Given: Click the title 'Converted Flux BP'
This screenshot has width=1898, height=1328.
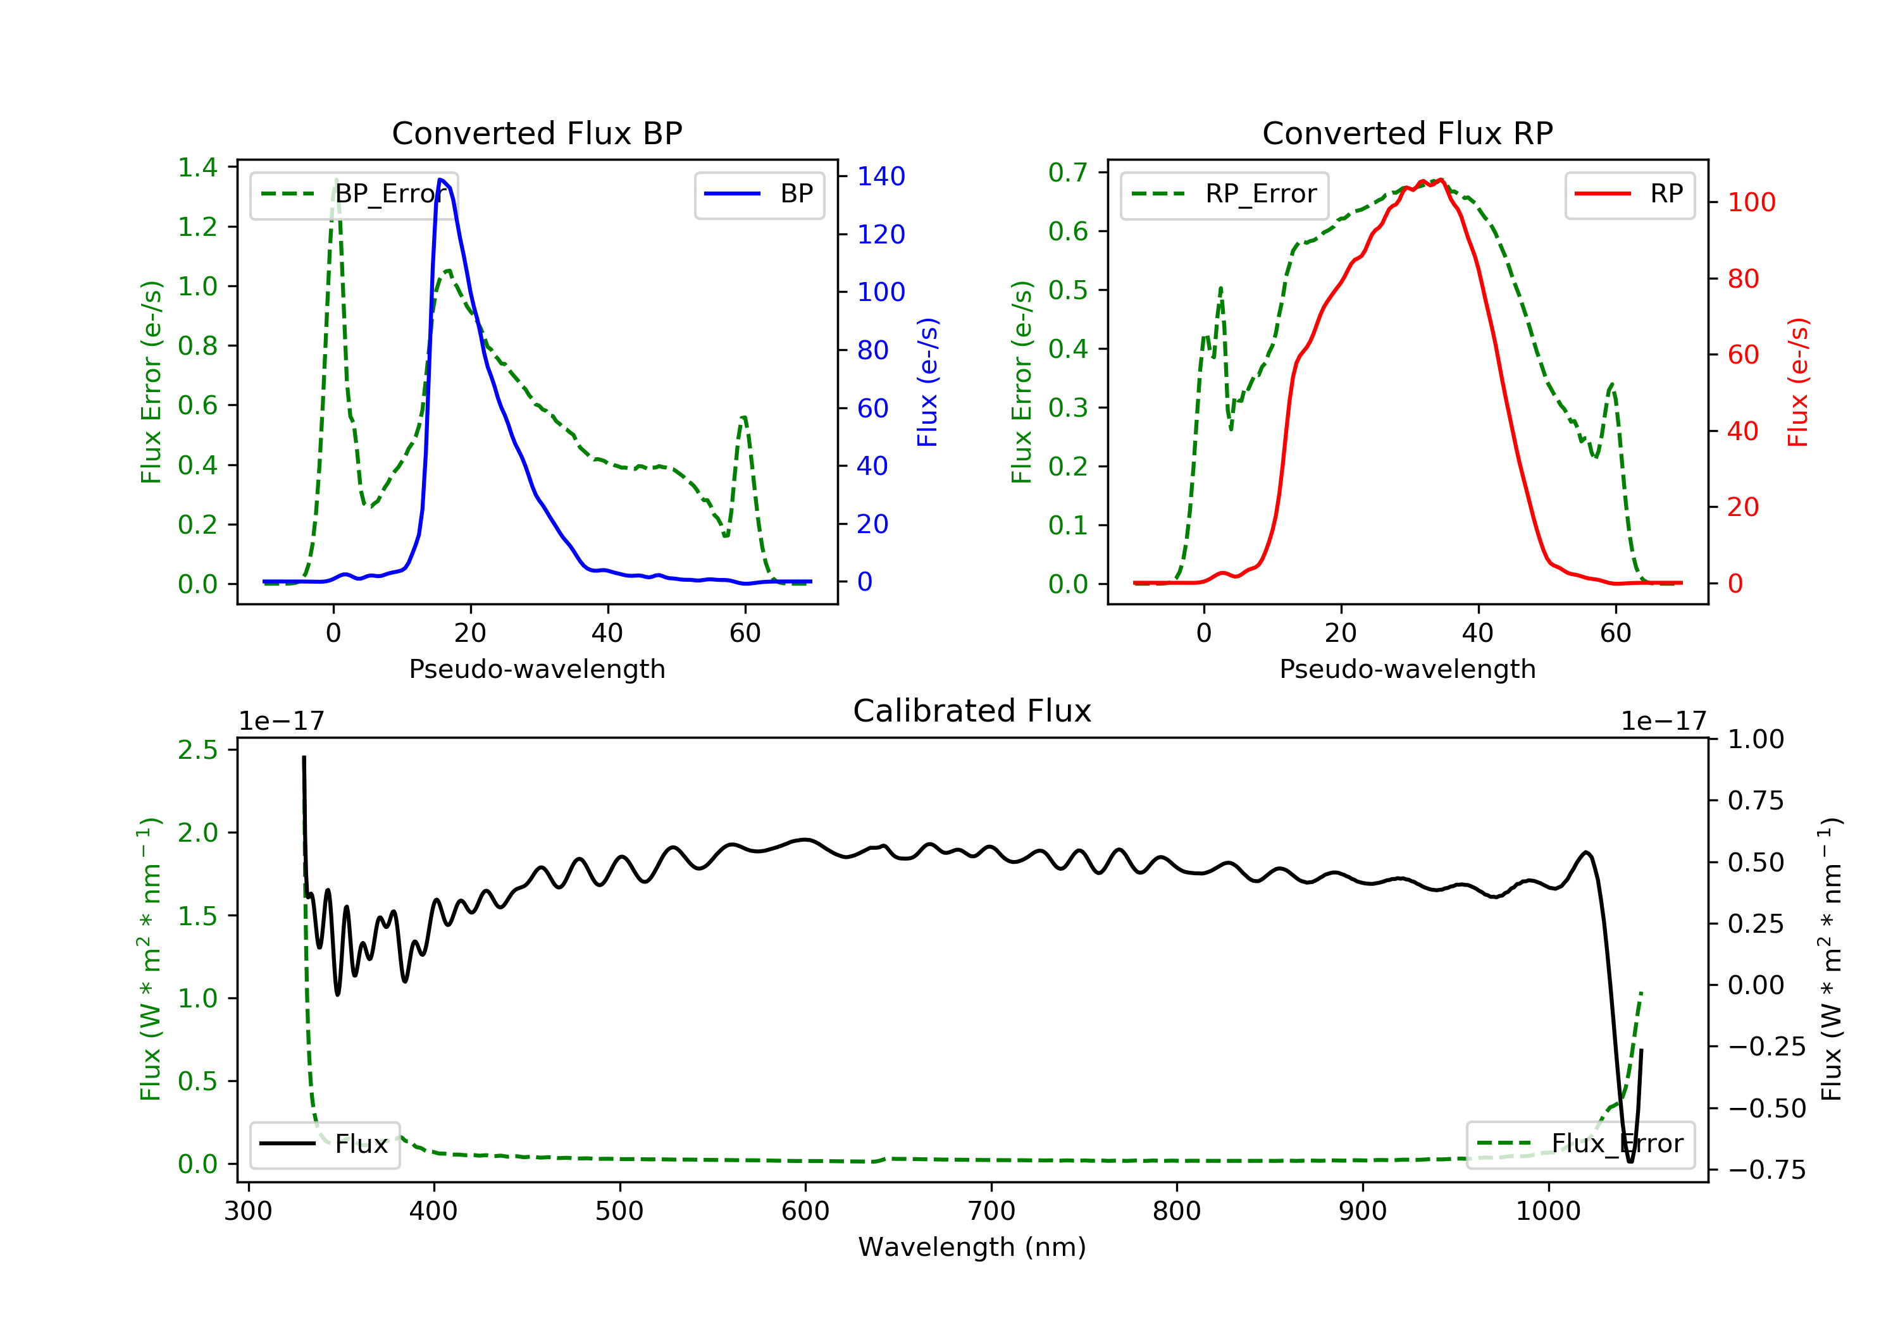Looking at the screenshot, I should (x=537, y=133).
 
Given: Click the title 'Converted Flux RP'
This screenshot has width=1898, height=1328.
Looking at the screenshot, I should (x=1407, y=133).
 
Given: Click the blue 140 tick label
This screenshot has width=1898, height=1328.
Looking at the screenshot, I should (x=881, y=176).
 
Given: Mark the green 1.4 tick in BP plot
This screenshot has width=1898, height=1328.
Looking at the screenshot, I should (x=197, y=168).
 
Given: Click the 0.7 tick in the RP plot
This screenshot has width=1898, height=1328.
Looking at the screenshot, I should (x=1067, y=173).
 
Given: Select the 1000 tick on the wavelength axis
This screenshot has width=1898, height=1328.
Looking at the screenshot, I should (x=1548, y=1212).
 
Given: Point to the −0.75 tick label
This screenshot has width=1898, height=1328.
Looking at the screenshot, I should (x=1766, y=1169).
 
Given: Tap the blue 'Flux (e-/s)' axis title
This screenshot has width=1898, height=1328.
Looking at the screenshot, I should (x=927, y=382).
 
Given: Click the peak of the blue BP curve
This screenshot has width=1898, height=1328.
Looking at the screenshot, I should (x=440, y=180).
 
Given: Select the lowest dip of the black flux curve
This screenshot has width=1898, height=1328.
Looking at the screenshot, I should (x=1630, y=1161).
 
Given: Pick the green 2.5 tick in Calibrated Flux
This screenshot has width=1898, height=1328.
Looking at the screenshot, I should (x=197, y=751).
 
